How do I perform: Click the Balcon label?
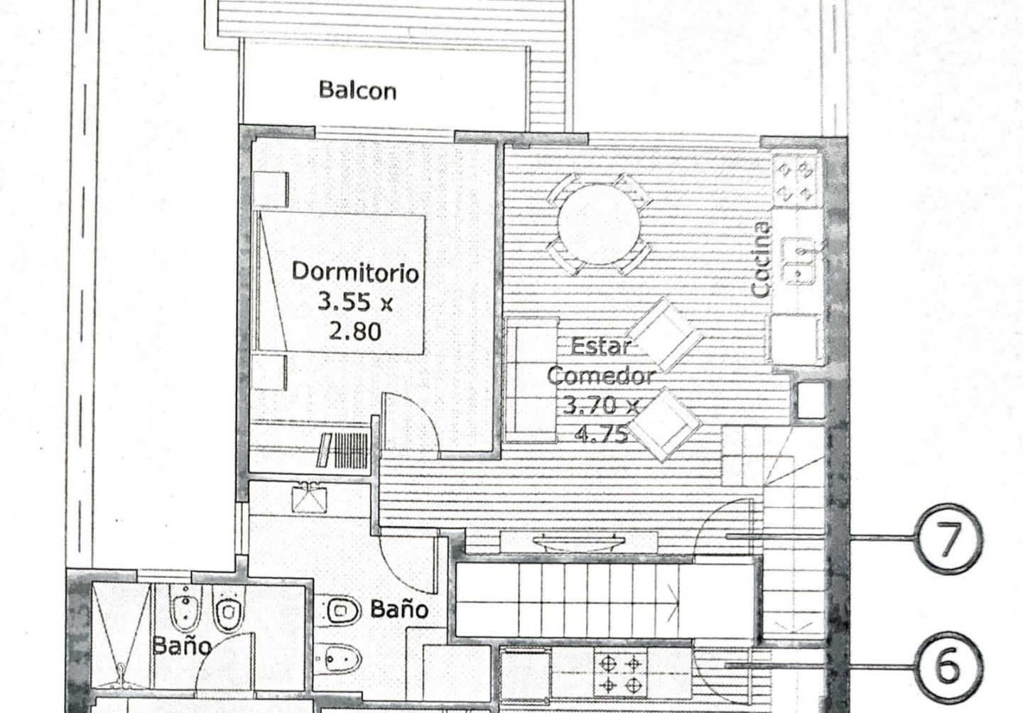click(x=357, y=90)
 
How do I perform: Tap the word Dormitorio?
click(x=355, y=272)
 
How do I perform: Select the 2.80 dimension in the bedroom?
click(x=355, y=331)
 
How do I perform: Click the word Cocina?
click(x=761, y=260)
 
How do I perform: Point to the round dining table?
click(x=598, y=224)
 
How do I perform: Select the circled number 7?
click(x=949, y=538)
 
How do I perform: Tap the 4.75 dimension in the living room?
click(x=601, y=434)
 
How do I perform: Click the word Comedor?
click(x=601, y=376)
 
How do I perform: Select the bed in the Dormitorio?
click(x=339, y=283)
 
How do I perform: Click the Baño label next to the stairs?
click(x=399, y=609)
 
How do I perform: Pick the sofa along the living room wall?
click(x=531, y=380)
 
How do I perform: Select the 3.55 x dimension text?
click(x=355, y=302)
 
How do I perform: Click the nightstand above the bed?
click(x=271, y=189)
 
